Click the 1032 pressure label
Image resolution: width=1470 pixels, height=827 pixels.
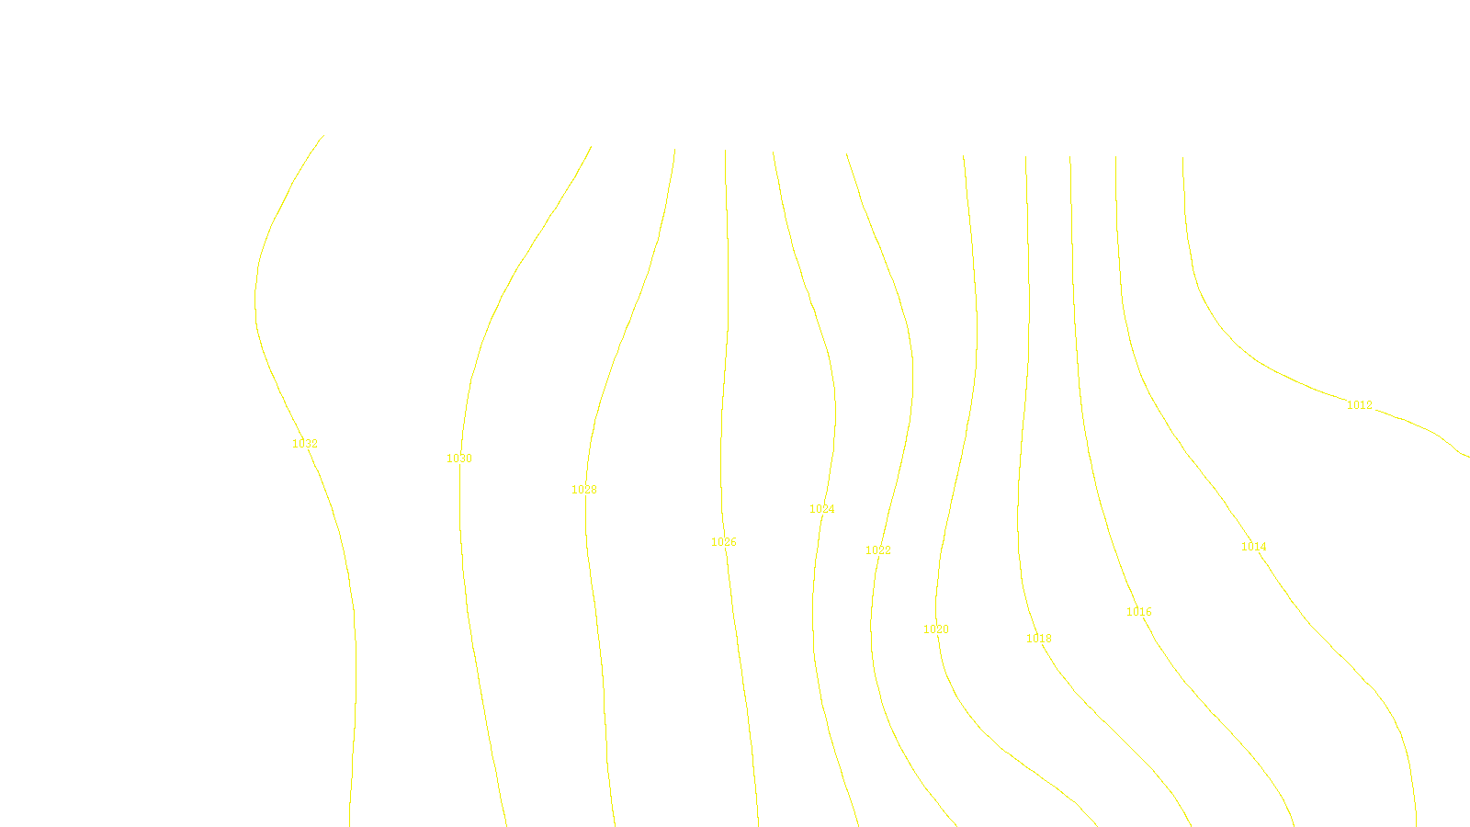[x=305, y=444]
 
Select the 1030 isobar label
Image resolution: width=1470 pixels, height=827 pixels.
[x=459, y=459]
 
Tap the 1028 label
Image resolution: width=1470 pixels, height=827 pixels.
[x=584, y=490]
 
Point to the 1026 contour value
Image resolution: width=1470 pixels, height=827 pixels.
[x=724, y=542]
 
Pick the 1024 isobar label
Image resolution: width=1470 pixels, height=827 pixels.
[x=822, y=509]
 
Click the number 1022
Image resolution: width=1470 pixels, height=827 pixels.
[x=878, y=550]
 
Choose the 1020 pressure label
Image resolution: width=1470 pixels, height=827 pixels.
[x=936, y=629]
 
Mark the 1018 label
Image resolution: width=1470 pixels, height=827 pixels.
[x=1039, y=639]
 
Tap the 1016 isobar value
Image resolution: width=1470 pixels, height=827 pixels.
[x=1139, y=612]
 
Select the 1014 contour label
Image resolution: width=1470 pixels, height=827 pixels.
[x=1254, y=547]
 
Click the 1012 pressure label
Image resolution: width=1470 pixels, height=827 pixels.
[x=1360, y=405]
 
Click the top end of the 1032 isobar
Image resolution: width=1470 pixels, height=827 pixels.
[x=323, y=136]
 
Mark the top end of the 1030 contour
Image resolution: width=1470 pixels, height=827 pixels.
[x=591, y=146]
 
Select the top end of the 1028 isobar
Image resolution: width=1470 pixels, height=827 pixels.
[x=675, y=149]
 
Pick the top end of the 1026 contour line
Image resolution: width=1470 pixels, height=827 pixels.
[x=725, y=150]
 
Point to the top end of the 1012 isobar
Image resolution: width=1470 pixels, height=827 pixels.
[x=1182, y=157]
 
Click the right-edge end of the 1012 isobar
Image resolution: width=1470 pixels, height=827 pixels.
[x=1468, y=457]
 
